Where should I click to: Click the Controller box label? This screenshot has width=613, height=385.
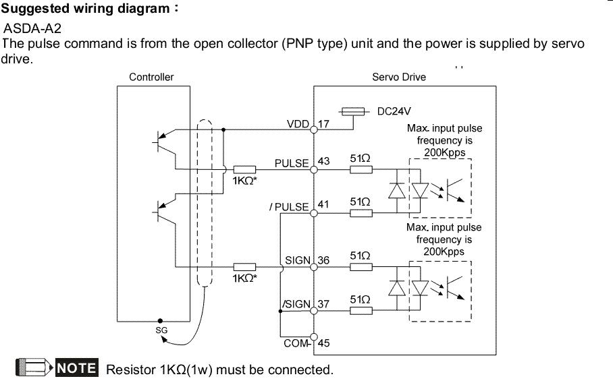[x=151, y=77]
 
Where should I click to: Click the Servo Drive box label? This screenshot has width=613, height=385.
[x=399, y=77]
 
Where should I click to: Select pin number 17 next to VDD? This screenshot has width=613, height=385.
[x=324, y=125]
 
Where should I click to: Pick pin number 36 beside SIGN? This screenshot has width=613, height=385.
[x=324, y=260]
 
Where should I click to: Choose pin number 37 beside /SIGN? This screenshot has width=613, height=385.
[x=324, y=304]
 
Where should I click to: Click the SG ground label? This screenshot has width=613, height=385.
[x=161, y=330]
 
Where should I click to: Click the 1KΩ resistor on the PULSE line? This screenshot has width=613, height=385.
[x=245, y=170]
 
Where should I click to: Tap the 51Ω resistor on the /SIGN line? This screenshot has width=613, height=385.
[x=361, y=311]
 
